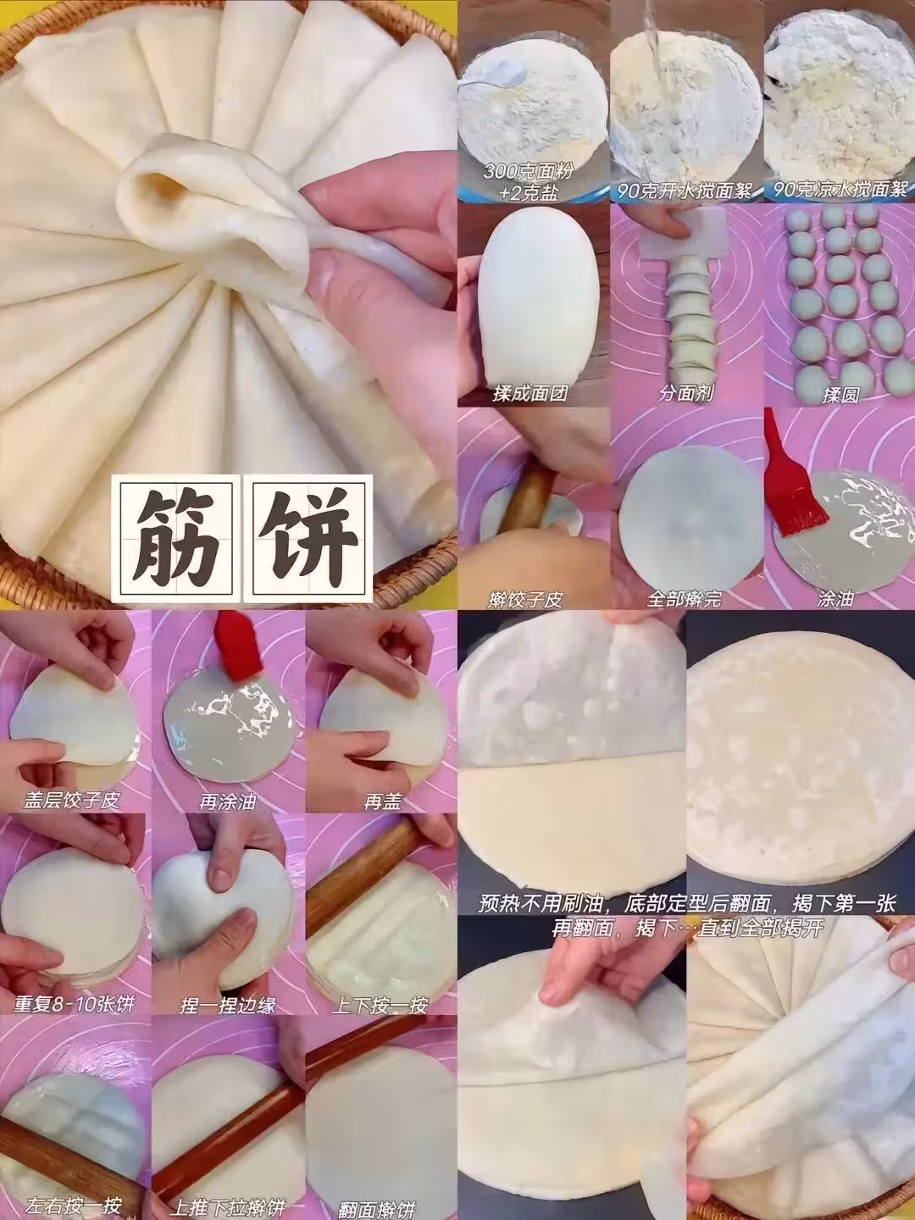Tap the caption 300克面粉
[x=528, y=171]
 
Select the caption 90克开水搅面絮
[x=684, y=191]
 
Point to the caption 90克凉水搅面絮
[x=840, y=191]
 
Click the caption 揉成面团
[x=530, y=394]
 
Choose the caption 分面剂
[x=686, y=394]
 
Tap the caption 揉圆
[x=840, y=395]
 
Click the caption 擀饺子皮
[x=525, y=599]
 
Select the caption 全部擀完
[x=685, y=599]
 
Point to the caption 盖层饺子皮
[x=72, y=801]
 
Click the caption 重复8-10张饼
[x=74, y=1004]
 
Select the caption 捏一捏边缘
[x=228, y=1005]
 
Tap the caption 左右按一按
[x=74, y=1205]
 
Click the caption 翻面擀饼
[x=377, y=1206]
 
